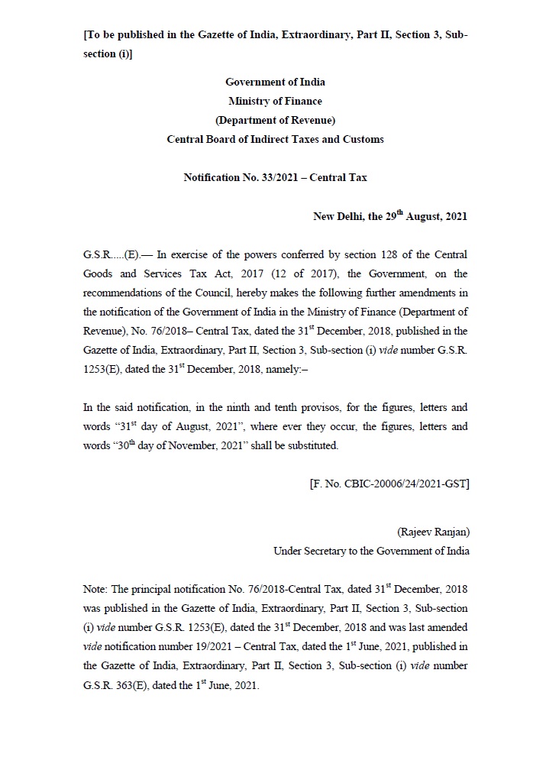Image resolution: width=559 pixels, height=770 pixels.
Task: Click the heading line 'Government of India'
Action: [275, 82]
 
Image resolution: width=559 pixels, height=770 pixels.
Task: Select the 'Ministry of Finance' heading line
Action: [275, 101]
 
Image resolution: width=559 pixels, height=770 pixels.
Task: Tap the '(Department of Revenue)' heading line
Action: [275, 120]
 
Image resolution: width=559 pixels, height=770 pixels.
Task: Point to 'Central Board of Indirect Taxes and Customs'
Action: [275, 139]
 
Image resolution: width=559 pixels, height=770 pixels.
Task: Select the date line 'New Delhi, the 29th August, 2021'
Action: [390, 216]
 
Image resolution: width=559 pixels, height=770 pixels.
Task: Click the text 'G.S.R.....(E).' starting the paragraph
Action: [111, 254]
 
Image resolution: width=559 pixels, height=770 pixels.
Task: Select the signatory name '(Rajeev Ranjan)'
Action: [433, 532]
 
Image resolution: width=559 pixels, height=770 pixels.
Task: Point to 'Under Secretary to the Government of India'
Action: [371, 551]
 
